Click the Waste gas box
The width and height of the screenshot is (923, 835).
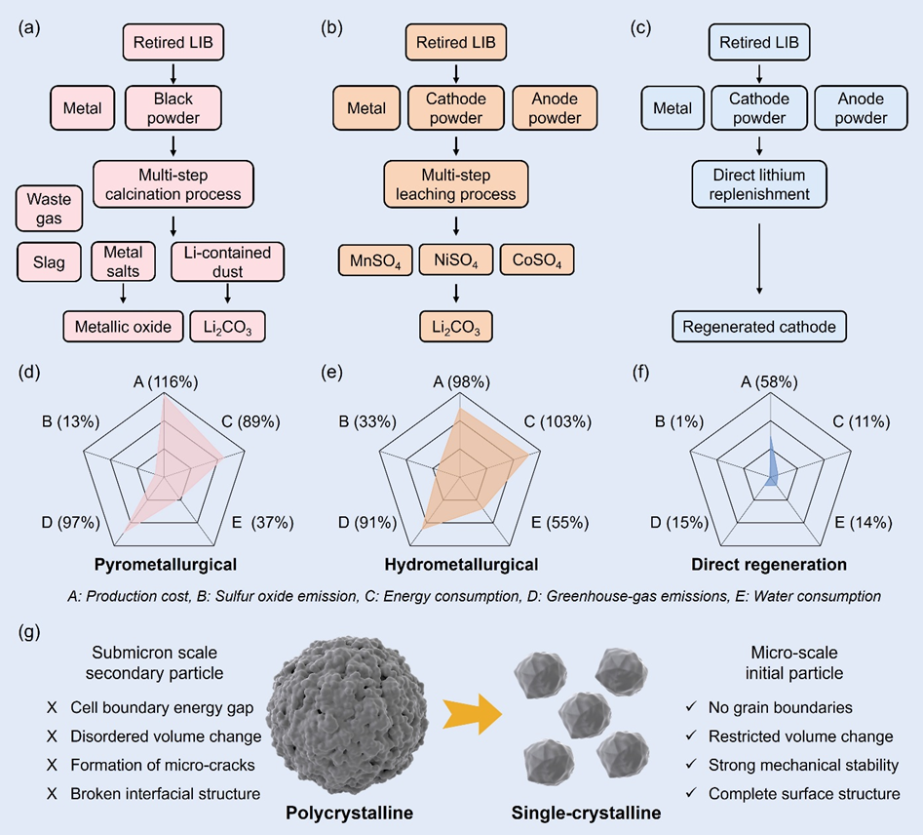(50, 209)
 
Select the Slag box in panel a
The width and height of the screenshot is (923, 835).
(48, 262)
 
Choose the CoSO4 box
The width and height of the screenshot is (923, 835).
(536, 261)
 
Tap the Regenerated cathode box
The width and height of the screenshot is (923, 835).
(757, 326)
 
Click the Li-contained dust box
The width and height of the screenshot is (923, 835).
(226, 262)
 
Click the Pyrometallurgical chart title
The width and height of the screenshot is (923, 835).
(166, 564)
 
